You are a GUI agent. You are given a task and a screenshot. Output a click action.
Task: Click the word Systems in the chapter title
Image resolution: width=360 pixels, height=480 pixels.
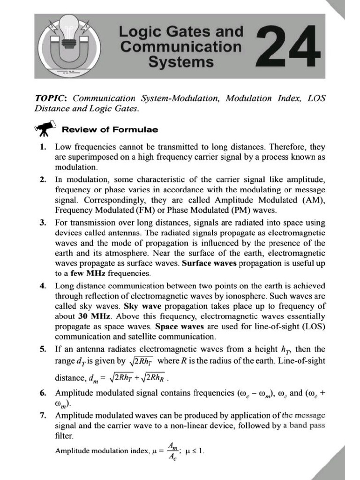181,61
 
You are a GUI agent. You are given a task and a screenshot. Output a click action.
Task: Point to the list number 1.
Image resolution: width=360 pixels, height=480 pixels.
43,147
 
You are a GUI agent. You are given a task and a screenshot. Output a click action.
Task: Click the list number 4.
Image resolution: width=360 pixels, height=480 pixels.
43,285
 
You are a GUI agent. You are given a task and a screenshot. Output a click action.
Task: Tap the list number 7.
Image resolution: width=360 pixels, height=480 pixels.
43,415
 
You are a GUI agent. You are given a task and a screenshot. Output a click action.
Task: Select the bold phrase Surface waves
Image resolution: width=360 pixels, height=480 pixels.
210,263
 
